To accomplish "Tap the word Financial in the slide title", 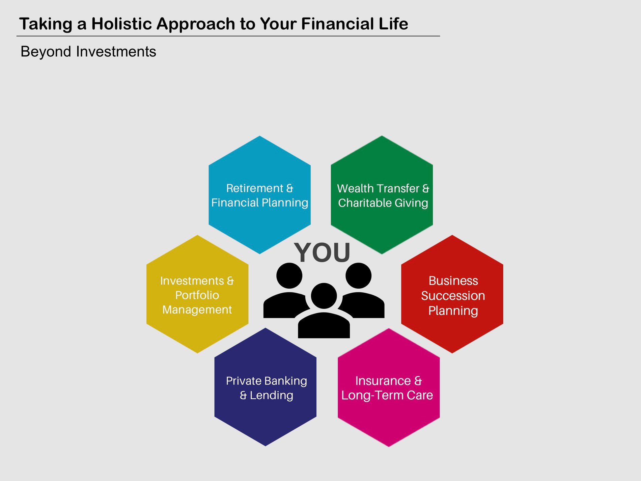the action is point(337,24).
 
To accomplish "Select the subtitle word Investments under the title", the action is point(116,52).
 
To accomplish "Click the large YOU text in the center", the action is point(322,252).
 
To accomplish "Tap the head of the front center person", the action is point(324,296).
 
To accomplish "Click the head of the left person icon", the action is point(289,275).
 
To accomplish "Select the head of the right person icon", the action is point(358,275).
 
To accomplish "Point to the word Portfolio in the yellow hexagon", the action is point(197,295).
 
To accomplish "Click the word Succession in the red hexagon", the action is point(453,296).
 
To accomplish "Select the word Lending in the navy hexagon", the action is point(272,395).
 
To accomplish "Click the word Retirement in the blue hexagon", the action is point(255,188).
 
